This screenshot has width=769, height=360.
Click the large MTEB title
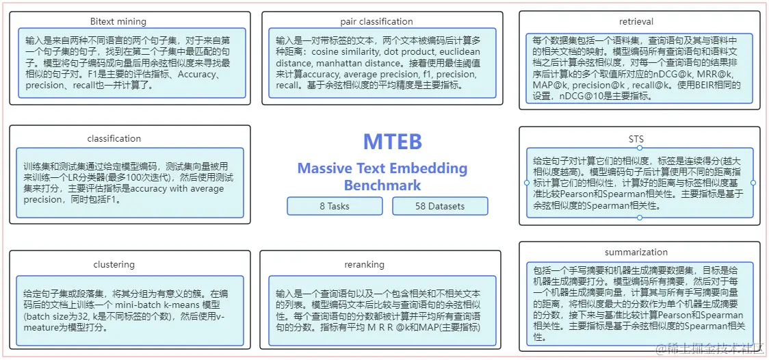(392, 141)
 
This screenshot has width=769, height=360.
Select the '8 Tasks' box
(335, 206)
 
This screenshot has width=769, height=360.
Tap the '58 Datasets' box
(440, 206)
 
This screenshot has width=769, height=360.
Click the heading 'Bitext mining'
(118, 22)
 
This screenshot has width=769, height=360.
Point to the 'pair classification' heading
(377, 22)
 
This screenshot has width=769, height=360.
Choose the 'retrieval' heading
(636, 22)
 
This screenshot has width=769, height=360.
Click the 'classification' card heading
(114, 139)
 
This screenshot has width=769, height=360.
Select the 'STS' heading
(636, 140)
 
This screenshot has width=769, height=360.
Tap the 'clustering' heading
(114, 265)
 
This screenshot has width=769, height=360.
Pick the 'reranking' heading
(364, 265)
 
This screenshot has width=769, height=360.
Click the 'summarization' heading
(636, 253)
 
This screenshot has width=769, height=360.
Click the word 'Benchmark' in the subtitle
(382, 185)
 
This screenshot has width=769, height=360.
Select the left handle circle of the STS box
(527, 183)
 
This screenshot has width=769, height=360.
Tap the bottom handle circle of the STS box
(640, 218)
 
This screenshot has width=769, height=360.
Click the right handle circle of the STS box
(753, 183)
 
